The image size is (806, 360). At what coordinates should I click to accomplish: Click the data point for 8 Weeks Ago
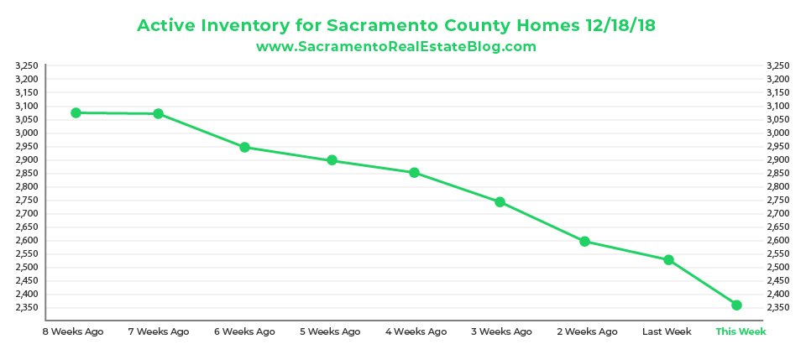(76, 112)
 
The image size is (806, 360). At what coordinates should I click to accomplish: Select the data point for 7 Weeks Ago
(158, 114)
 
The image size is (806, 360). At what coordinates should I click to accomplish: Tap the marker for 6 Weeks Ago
(244, 147)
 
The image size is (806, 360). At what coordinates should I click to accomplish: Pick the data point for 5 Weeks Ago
(332, 160)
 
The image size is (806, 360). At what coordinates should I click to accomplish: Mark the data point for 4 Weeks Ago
(414, 173)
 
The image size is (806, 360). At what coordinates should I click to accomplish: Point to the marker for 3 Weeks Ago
(500, 202)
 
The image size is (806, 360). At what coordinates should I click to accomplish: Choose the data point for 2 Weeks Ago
(584, 242)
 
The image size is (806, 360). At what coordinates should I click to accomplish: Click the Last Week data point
(668, 260)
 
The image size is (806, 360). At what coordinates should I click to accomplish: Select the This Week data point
(736, 305)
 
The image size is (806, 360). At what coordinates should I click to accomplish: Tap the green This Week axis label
(741, 331)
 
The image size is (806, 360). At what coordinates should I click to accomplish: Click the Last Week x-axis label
(667, 331)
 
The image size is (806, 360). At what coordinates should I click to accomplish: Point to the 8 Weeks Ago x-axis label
(74, 331)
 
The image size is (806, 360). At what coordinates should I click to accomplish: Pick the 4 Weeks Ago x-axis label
(416, 331)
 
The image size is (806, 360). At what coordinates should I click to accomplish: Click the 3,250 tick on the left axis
(28, 65)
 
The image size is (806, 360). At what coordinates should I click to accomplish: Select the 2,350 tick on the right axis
(778, 307)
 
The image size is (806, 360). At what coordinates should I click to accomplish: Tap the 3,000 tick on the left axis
(28, 133)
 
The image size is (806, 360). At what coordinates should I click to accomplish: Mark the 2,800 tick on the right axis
(778, 186)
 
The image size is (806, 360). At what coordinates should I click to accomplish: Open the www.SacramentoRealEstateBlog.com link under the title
(395, 47)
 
